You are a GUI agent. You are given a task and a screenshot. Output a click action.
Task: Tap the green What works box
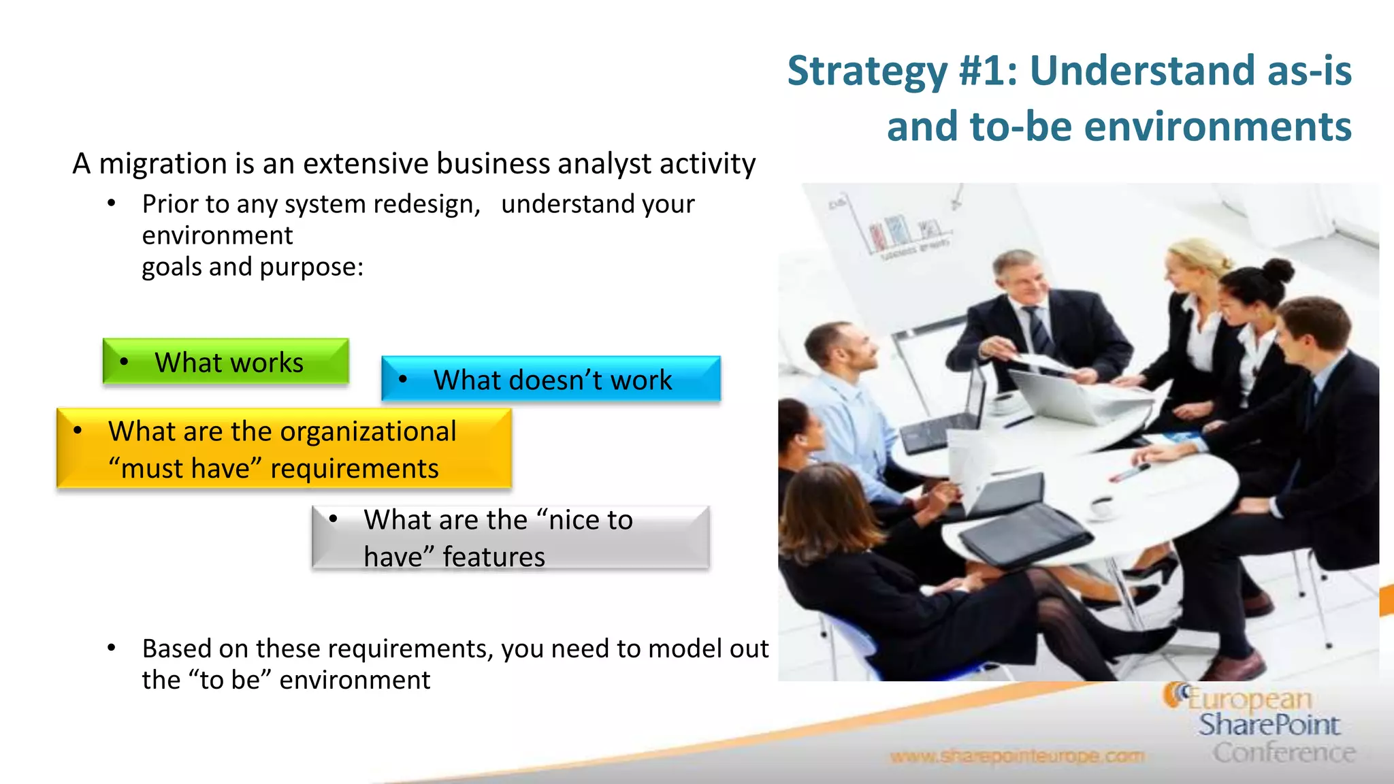click(226, 362)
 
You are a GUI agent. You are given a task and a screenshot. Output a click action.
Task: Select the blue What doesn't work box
click(551, 379)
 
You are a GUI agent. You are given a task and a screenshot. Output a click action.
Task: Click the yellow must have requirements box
click(284, 449)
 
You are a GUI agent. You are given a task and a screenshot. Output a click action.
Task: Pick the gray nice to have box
click(510, 538)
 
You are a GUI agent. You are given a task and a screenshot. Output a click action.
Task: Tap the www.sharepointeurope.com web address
click(1017, 756)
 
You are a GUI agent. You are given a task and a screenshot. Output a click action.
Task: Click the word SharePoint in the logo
click(1269, 725)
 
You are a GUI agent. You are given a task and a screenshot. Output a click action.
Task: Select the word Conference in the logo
click(1284, 753)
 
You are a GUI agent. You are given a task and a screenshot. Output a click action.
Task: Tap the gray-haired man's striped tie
click(1039, 330)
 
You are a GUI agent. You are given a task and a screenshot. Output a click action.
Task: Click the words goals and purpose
click(253, 267)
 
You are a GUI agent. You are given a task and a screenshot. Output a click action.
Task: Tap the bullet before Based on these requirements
click(112, 648)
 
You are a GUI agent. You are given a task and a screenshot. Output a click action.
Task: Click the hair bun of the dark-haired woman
click(1278, 270)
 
